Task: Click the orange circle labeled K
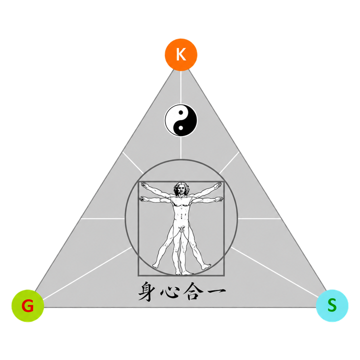(x=181, y=54)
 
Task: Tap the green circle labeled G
(x=28, y=305)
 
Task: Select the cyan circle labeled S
(x=332, y=305)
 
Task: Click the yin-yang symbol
(x=180, y=120)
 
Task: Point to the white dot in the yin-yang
(x=180, y=128)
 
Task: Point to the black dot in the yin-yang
(x=180, y=112)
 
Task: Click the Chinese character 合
(x=192, y=291)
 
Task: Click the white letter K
(x=181, y=54)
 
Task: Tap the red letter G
(x=27, y=306)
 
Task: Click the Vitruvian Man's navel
(x=182, y=216)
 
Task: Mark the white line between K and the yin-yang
(x=181, y=87)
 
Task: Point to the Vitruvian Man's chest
(x=181, y=203)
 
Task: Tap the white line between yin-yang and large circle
(x=180, y=148)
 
